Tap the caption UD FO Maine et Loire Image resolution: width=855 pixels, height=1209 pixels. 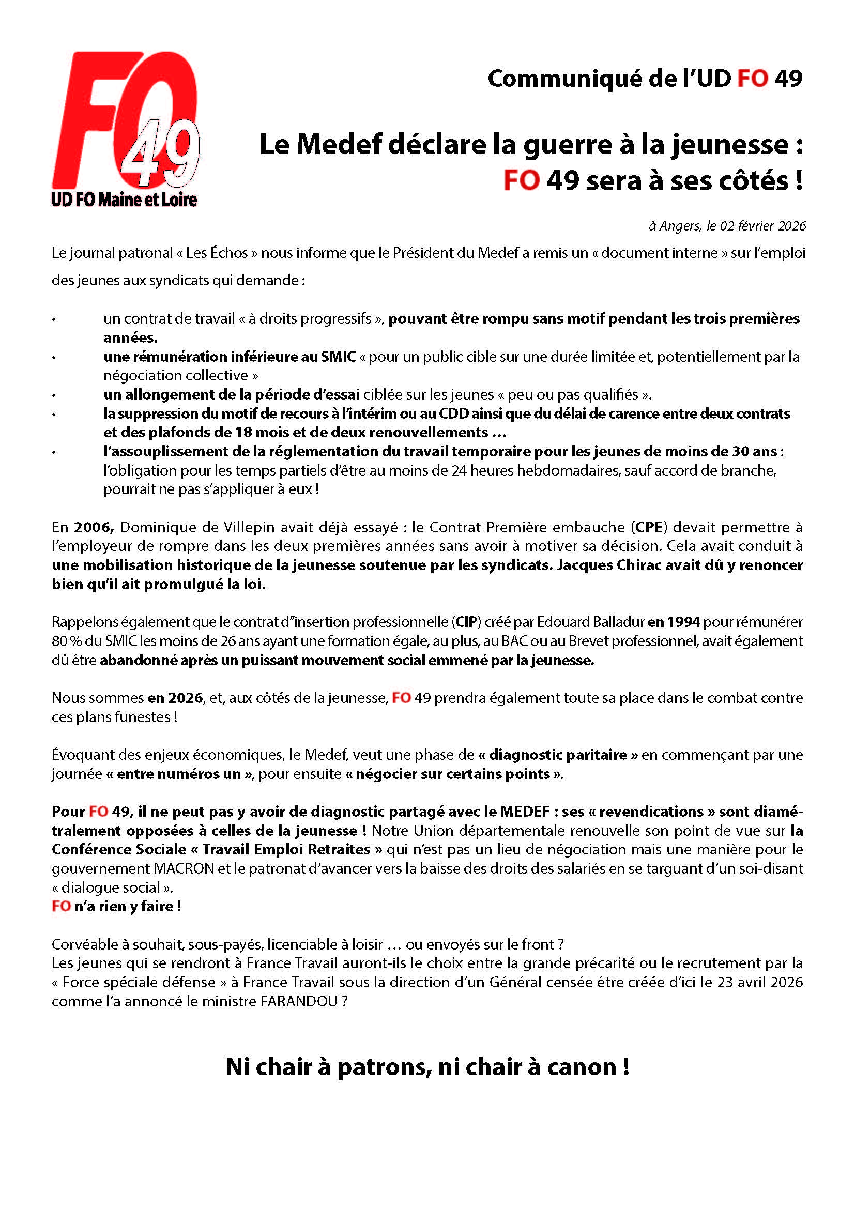coord(124,200)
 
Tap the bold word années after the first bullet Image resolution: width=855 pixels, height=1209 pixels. coord(130,338)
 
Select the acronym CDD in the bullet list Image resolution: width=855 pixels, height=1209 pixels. coord(454,414)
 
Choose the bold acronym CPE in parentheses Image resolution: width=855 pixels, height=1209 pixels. coord(649,527)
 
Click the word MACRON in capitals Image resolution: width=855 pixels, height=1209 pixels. coord(184,868)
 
